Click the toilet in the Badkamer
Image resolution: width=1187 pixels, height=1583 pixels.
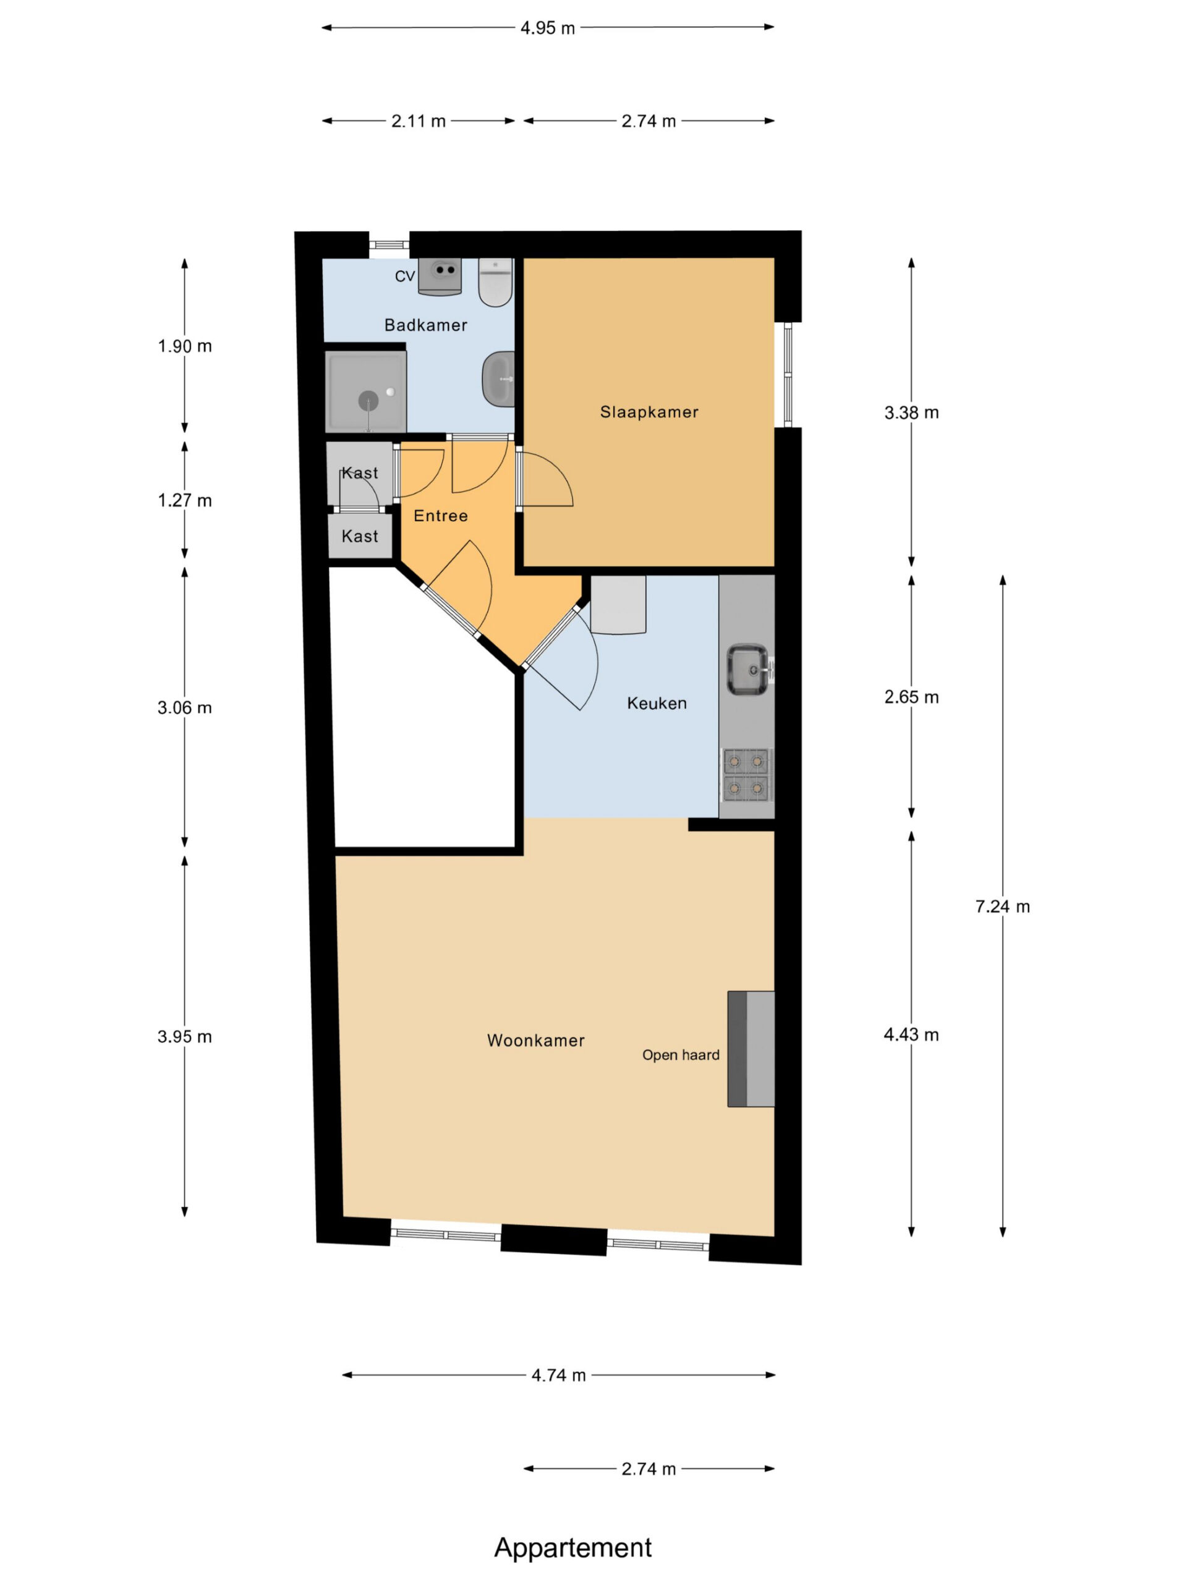click(x=495, y=282)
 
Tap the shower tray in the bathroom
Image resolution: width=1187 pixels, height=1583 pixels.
click(x=365, y=391)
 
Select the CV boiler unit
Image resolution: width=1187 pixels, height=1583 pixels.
click(x=440, y=277)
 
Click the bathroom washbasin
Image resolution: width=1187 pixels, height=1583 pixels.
click(x=499, y=379)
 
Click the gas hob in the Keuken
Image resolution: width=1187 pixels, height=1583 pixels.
click(x=747, y=774)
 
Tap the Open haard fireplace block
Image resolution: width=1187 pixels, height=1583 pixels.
click(x=751, y=1049)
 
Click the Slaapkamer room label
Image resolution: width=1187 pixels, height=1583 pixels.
click(x=649, y=412)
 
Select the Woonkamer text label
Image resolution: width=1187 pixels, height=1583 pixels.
click(x=536, y=1041)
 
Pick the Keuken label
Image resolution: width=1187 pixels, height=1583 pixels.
click(x=657, y=704)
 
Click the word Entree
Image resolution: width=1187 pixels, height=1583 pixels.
click(x=441, y=516)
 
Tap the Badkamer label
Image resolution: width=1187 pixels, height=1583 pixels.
click(x=426, y=326)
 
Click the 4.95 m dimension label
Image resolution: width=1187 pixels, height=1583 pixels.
click(x=547, y=28)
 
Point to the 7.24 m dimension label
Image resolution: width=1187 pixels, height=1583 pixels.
click(x=1002, y=907)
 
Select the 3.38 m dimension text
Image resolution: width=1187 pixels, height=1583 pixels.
click(x=911, y=413)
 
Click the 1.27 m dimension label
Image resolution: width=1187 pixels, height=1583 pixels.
click(x=185, y=501)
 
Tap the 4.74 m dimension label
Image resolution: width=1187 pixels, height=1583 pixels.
click(x=559, y=1375)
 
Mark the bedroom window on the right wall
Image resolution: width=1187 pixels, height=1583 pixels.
click(x=788, y=374)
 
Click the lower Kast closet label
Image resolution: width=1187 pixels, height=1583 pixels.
click(x=360, y=536)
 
